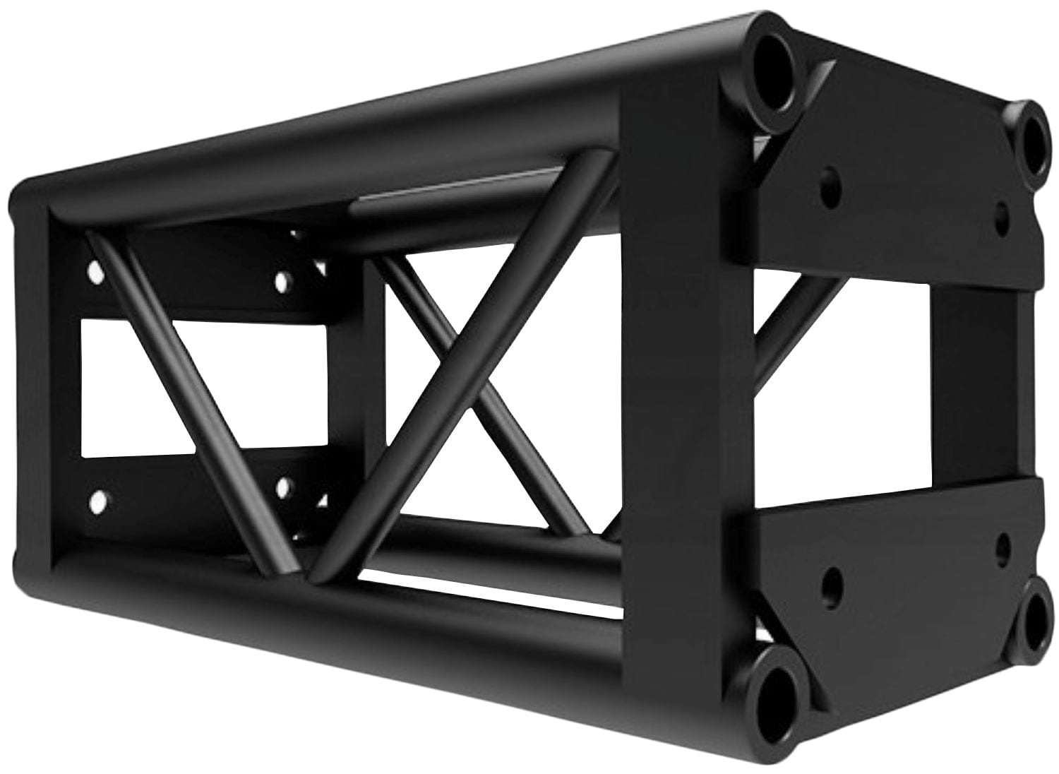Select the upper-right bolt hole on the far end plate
(282, 281)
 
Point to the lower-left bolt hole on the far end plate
(96, 503)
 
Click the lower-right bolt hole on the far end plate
(285, 485)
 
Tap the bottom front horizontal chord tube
(353, 621)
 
